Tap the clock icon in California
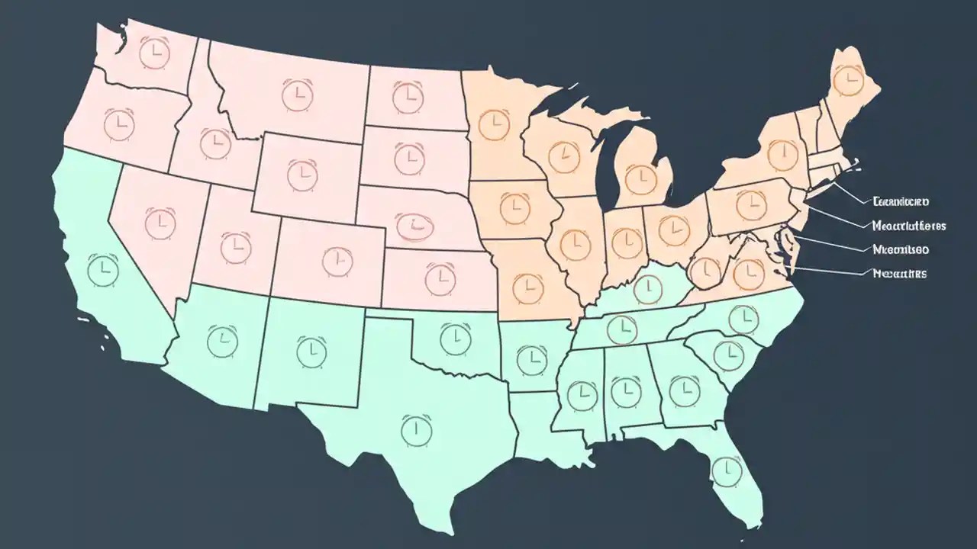(x=101, y=268)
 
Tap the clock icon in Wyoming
(x=302, y=175)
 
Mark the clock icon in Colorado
(x=337, y=261)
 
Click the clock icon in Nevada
(x=160, y=223)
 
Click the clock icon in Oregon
(x=118, y=124)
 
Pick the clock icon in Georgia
(x=684, y=392)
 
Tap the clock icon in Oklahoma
(x=455, y=335)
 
